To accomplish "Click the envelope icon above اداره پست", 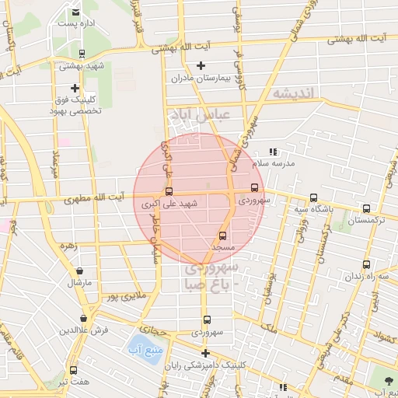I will (x=75, y=12).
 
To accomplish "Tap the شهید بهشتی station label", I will (x=81, y=67).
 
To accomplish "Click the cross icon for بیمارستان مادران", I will (x=201, y=65).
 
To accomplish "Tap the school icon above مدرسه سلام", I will (x=272, y=152).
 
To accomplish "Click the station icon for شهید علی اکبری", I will (x=169, y=191).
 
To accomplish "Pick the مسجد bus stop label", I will (x=223, y=246).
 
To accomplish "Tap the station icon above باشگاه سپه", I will (x=313, y=197).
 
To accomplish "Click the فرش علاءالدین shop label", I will (x=84, y=330).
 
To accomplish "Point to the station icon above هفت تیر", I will (x=74, y=370).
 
